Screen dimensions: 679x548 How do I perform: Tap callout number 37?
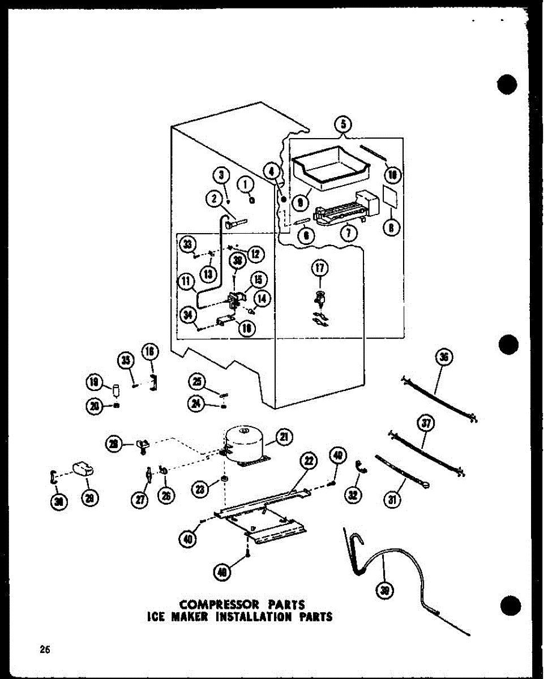tap(425, 423)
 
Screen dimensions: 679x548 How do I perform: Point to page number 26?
tap(44, 650)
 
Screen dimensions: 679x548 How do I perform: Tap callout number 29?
tap(90, 498)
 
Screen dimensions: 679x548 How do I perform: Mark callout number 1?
tap(245, 183)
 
